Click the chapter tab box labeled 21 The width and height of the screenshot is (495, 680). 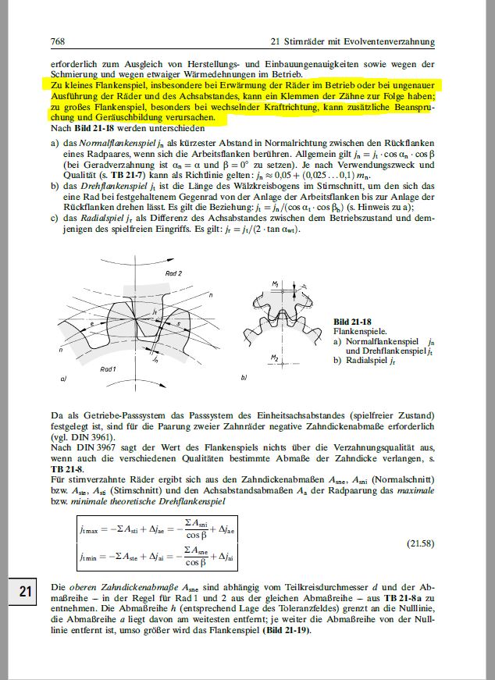tap(25, 592)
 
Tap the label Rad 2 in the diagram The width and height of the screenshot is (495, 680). tap(173, 274)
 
